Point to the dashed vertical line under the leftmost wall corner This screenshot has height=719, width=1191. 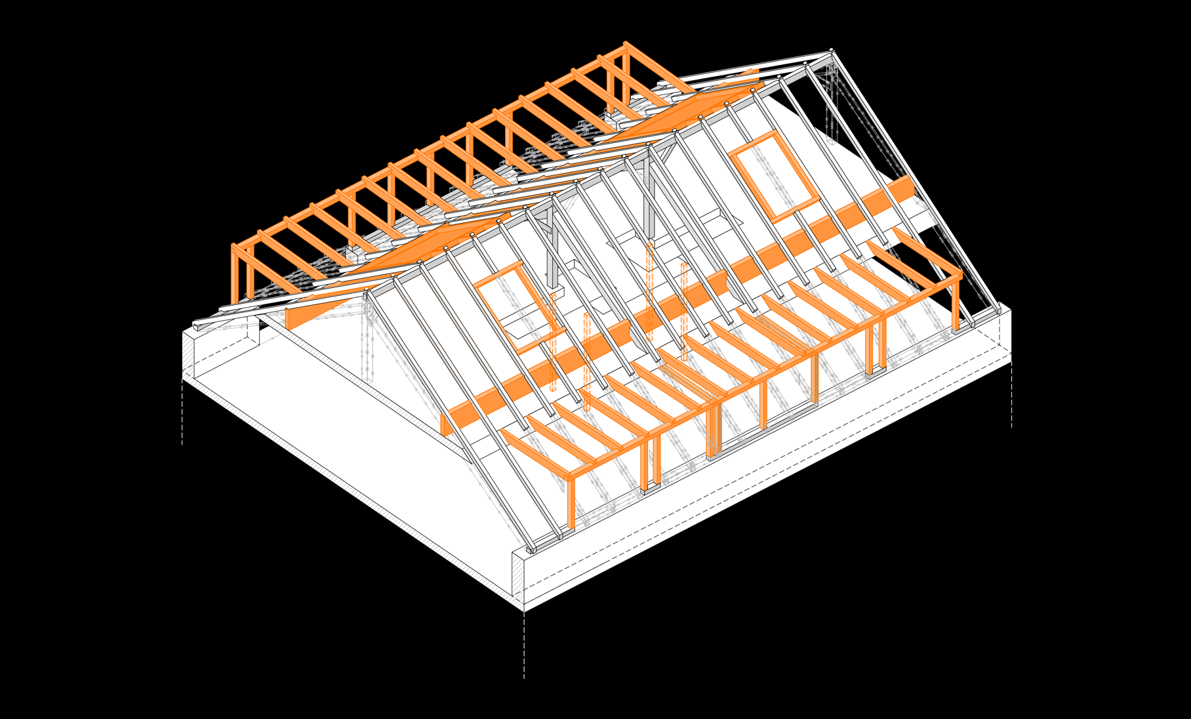click(182, 413)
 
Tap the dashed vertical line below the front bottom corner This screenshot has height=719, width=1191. click(524, 646)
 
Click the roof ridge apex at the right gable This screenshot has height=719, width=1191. click(832, 50)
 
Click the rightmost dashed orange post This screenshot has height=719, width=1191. click(683, 312)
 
